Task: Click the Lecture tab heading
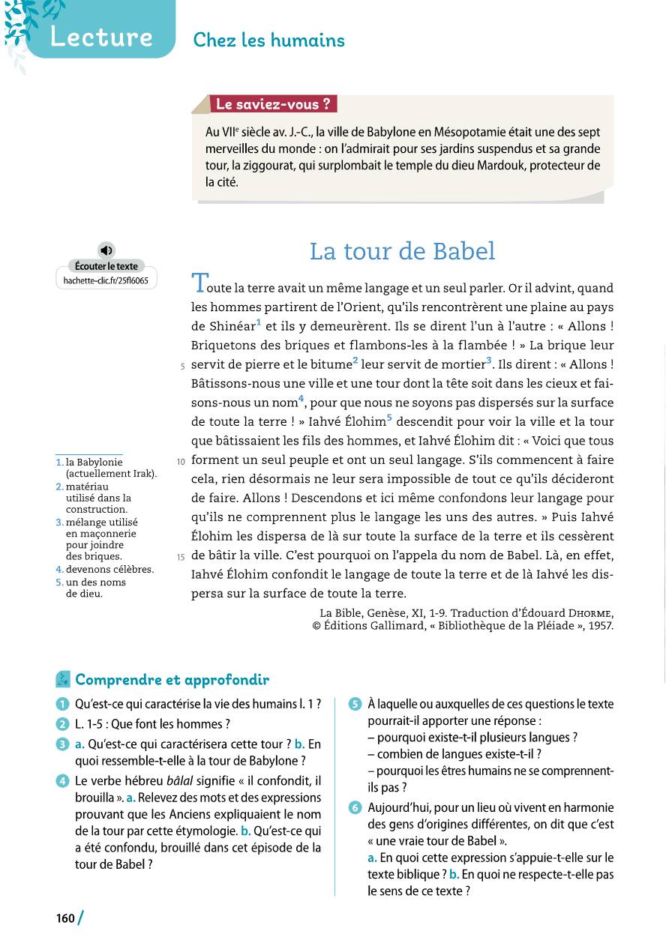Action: [x=101, y=37]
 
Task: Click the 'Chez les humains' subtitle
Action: [x=268, y=40]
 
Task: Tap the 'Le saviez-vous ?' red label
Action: [x=273, y=104]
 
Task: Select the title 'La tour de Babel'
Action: [x=402, y=251]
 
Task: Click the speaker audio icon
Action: [x=106, y=250]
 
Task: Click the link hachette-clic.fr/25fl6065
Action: [x=106, y=281]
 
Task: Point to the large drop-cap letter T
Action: [x=199, y=283]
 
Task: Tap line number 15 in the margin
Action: [x=180, y=557]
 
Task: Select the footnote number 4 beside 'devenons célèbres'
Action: [x=58, y=569]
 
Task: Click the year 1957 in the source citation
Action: [x=597, y=626]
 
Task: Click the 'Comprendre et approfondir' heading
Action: [x=172, y=680]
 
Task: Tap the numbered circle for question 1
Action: [x=61, y=704]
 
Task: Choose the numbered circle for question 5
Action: [x=355, y=704]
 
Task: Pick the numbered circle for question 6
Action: [x=355, y=808]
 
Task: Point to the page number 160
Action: [x=65, y=918]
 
